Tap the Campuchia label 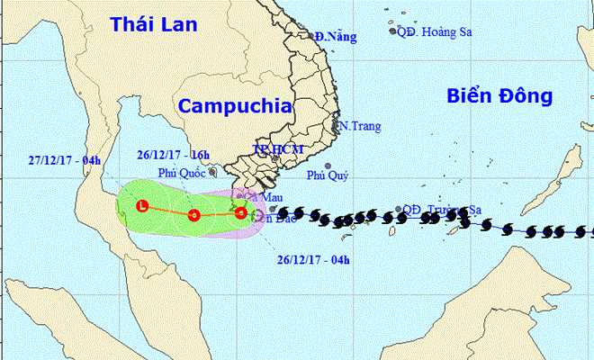tap(236, 105)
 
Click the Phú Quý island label tap(326, 176)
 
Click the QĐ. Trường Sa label tap(442, 209)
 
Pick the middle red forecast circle tap(193, 215)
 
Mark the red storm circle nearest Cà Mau tap(240, 213)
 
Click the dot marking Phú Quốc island tap(211, 170)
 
